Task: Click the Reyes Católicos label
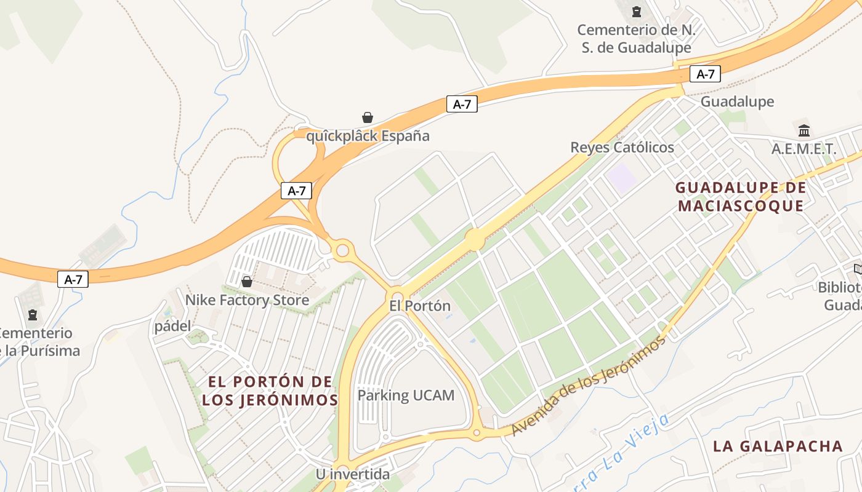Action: tap(622, 148)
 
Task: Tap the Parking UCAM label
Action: tap(406, 395)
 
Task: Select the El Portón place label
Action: tap(420, 306)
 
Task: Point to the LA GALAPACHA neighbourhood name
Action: tap(778, 446)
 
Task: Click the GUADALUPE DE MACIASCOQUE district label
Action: tap(740, 197)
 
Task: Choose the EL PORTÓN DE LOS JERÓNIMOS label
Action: tap(270, 391)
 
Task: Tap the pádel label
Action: tap(173, 326)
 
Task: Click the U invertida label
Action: tap(353, 474)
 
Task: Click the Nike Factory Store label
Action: tap(247, 300)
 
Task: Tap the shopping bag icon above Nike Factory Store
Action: tap(247, 282)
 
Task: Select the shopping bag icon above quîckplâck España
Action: tap(368, 117)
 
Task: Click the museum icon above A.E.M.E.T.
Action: tap(804, 130)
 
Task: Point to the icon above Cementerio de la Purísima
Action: tap(32, 314)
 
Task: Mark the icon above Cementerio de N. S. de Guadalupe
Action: tap(637, 11)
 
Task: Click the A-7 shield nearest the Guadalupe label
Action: tap(705, 74)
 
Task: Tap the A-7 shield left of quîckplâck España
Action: tap(296, 191)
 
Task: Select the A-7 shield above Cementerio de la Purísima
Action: tap(73, 279)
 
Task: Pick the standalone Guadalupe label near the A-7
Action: tap(737, 101)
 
